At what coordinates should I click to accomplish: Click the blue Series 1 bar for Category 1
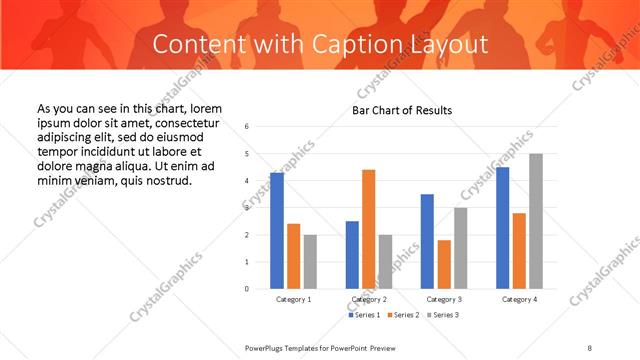[x=277, y=230]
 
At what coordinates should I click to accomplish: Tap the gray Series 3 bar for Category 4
[x=537, y=221]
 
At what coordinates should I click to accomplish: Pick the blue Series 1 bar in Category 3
[x=428, y=241]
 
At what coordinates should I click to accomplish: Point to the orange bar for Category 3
[x=445, y=264]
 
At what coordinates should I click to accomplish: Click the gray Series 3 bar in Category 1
[x=311, y=261]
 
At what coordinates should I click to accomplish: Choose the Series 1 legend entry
[x=365, y=315]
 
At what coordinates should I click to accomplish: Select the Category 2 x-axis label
[x=369, y=299]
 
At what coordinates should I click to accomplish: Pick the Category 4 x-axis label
[x=520, y=299]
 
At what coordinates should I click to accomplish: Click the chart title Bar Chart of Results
[x=402, y=110]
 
